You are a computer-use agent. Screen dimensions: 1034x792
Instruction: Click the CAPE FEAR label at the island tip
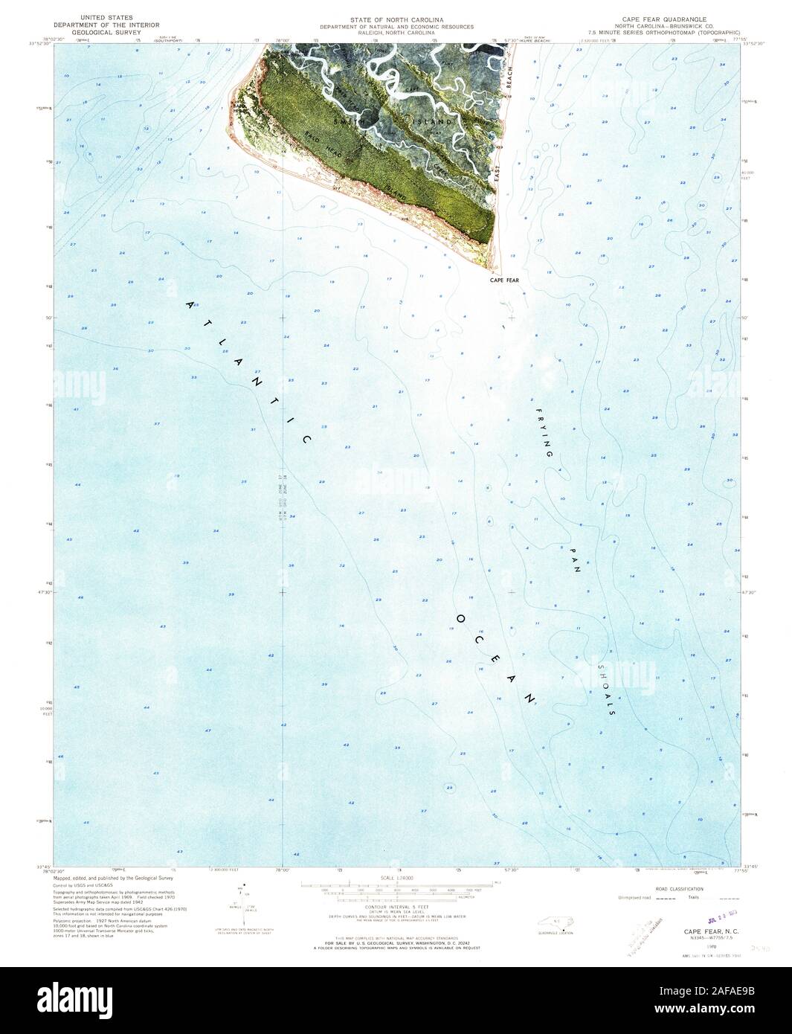click(x=503, y=281)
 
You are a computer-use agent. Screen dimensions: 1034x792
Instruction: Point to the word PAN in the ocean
click(x=573, y=563)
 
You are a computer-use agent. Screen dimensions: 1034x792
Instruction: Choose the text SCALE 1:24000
click(x=396, y=879)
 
